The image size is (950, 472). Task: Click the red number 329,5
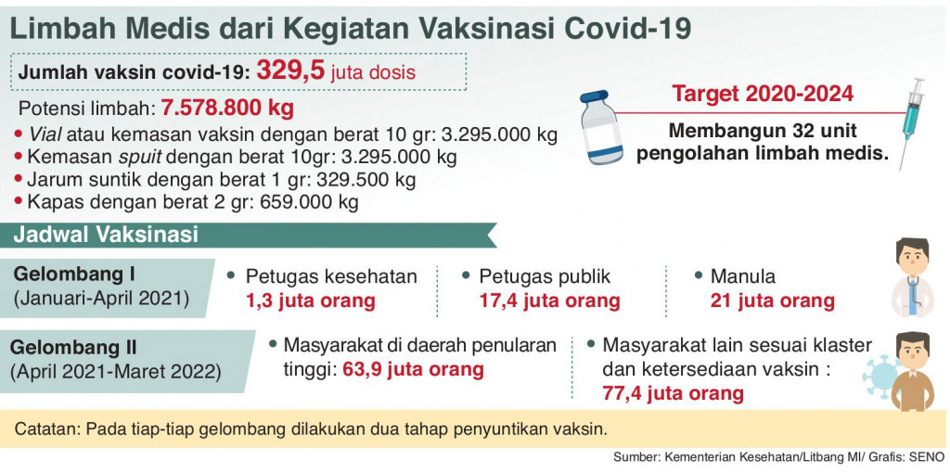(x=290, y=70)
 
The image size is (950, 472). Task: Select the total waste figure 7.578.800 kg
(x=227, y=107)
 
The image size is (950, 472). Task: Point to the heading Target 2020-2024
(x=763, y=95)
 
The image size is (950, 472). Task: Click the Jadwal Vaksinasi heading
(x=106, y=234)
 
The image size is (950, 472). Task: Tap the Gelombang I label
(x=75, y=274)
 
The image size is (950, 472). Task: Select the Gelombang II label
(x=73, y=348)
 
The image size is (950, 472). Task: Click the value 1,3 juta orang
(x=310, y=300)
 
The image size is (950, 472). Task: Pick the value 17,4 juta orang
(x=549, y=300)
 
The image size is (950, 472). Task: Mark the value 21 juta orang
(x=772, y=300)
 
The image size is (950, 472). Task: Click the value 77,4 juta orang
(x=673, y=393)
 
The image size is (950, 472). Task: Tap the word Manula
(x=742, y=276)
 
